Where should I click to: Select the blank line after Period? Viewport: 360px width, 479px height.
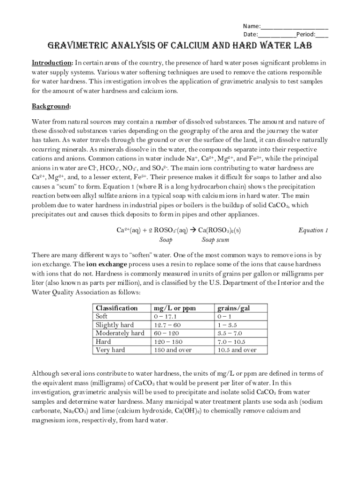tap(322, 35)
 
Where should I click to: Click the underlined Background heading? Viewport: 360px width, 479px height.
tap(51, 107)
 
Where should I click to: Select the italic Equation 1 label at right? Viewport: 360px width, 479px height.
tap(313, 230)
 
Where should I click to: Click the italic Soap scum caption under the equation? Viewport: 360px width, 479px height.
tap(215, 240)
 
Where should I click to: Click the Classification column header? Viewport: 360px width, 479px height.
tap(116, 308)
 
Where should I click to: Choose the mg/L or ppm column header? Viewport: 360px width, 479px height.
tap(174, 308)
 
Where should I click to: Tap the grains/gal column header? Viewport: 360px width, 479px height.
tap(234, 308)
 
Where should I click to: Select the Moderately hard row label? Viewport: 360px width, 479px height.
tap(120, 333)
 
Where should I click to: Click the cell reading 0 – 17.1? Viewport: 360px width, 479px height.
tap(165, 316)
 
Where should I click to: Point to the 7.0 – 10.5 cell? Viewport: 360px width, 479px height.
tap(231, 341)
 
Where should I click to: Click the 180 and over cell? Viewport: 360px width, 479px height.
tap(173, 350)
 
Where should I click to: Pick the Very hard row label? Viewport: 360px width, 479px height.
tap(110, 350)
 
